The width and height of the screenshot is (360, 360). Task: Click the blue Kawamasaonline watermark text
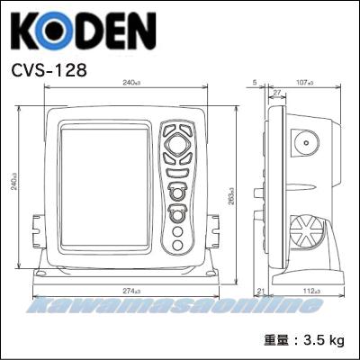tap(180, 306)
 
